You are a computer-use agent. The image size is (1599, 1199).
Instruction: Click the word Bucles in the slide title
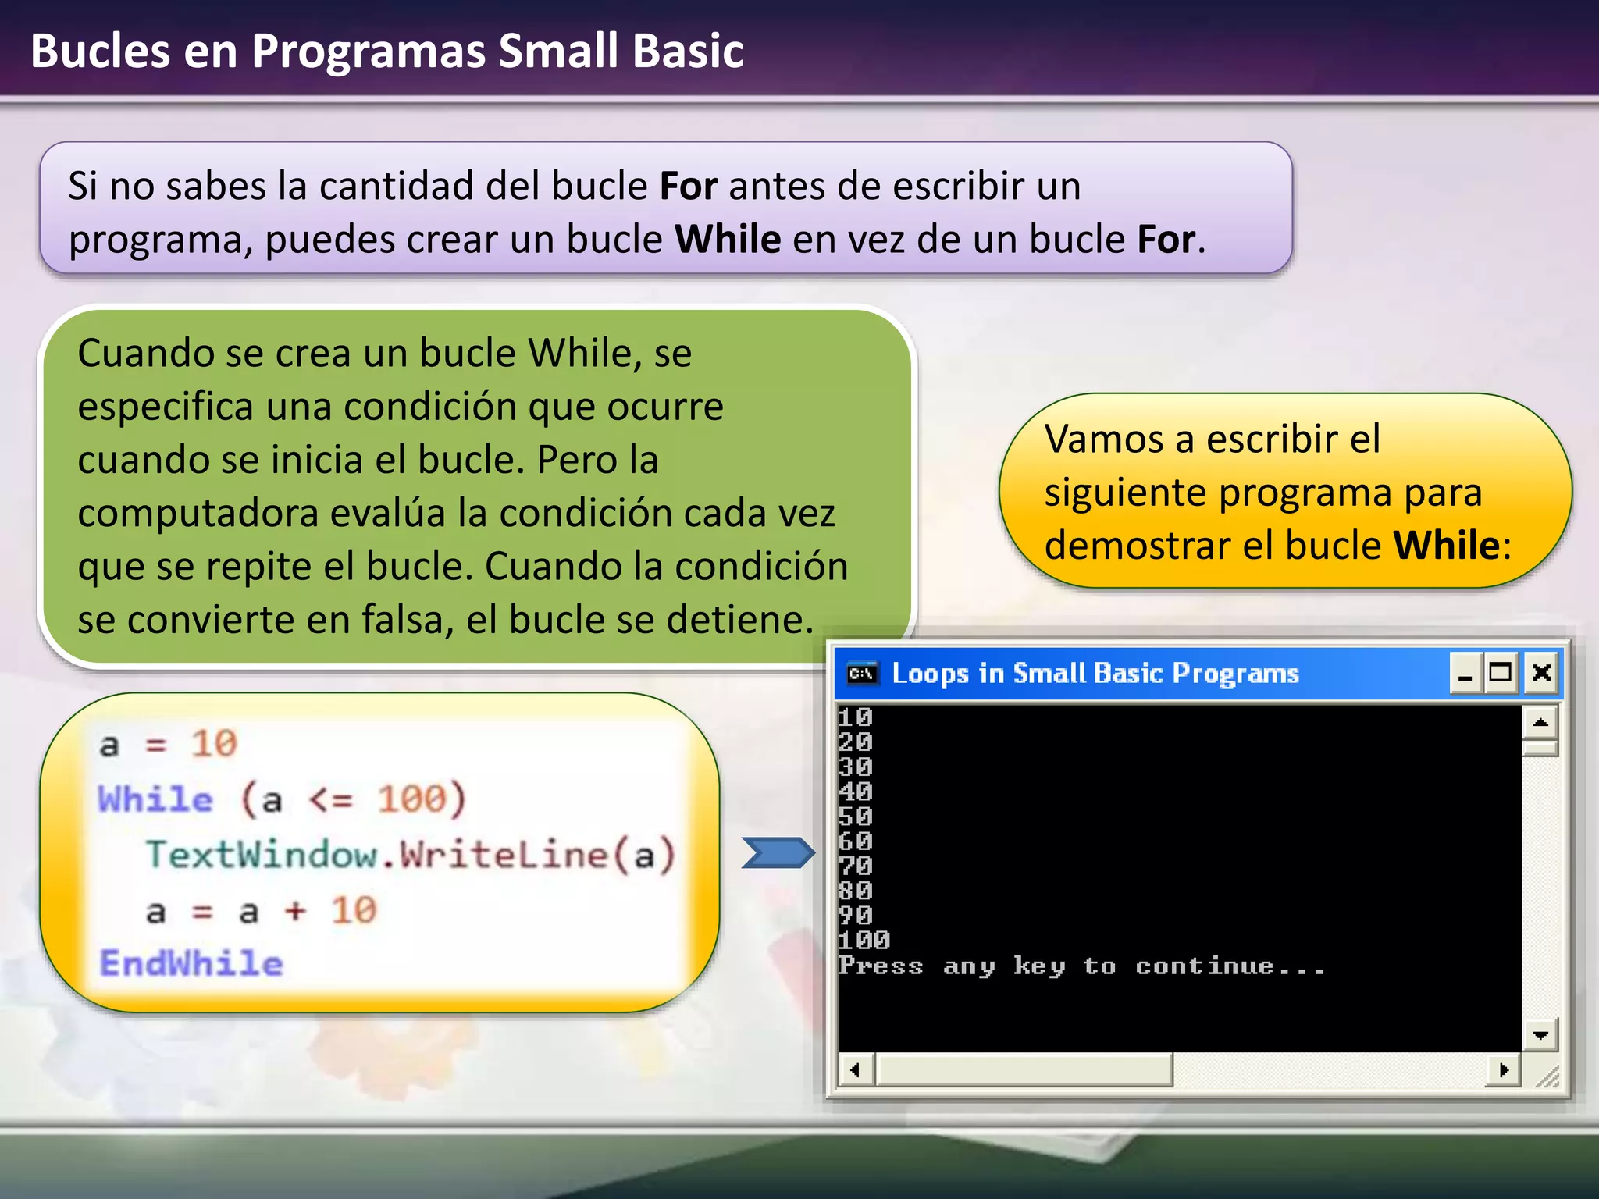[100, 52]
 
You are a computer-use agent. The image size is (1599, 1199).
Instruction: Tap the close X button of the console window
[1541, 672]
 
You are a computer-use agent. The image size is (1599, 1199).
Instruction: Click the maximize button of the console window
[1501, 672]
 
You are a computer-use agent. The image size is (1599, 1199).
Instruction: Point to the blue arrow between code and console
[778, 852]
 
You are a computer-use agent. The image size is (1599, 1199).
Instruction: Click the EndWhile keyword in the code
[191, 963]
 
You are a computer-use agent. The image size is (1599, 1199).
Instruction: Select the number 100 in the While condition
[411, 799]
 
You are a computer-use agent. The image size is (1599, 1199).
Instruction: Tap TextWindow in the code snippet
[262, 854]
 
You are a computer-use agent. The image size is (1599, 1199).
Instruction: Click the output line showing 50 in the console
[856, 817]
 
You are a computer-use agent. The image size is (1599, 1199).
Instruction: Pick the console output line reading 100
[864, 940]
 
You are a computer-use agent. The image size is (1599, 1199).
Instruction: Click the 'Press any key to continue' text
[1081, 966]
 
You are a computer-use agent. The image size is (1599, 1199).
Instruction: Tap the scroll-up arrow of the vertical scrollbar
[1540, 722]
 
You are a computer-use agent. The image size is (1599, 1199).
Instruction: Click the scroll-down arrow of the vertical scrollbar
[1540, 1035]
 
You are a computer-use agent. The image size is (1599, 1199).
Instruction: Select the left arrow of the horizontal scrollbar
[856, 1069]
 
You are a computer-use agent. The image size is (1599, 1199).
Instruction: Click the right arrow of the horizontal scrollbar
[1504, 1069]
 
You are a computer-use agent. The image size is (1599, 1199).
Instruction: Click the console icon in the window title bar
[862, 673]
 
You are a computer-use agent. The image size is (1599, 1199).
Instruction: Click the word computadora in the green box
[198, 514]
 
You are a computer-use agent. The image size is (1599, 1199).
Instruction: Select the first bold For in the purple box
[688, 187]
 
